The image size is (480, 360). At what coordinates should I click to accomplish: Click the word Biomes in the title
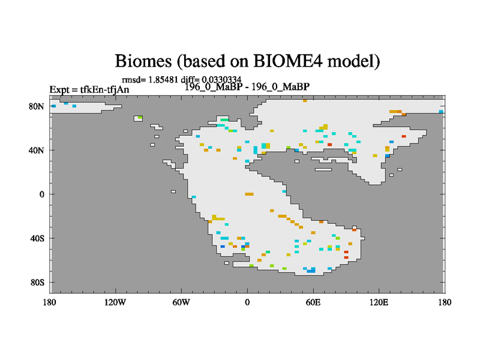point(143,61)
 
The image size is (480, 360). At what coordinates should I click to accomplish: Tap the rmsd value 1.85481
point(163,80)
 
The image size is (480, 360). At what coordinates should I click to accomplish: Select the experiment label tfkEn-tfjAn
point(104,89)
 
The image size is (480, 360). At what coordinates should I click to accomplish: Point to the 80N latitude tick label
point(37,107)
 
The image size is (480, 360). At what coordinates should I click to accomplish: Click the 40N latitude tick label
point(37,151)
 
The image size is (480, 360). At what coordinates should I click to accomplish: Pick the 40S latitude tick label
point(37,238)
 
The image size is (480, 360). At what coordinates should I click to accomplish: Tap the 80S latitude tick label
point(37,283)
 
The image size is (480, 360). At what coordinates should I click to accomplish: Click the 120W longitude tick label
point(115,302)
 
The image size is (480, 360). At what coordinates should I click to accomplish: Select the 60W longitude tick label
point(181,302)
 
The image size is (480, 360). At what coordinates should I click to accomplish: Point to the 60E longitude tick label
point(313,302)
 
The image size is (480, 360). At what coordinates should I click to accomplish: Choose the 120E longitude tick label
point(379,302)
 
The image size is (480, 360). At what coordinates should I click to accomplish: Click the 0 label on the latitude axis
point(41,194)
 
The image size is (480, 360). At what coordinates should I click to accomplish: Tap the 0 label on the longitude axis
point(247,302)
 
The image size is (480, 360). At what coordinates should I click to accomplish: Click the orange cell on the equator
point(249,194)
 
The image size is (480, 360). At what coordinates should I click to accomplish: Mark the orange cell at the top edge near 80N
point(305,100)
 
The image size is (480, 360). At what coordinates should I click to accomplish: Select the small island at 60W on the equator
point(173,191)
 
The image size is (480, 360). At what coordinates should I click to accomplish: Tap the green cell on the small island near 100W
point(140,117)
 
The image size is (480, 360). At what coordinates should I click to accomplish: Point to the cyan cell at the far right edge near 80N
point(441,112)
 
